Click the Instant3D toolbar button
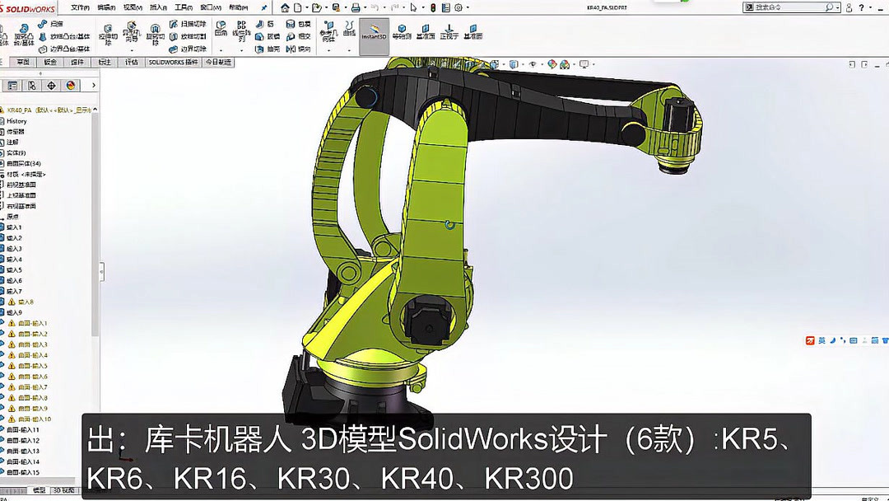pos(374,31)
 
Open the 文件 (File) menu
pos(80,7)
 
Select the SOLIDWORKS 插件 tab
pos(173,63)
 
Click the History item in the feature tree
pos(16,121)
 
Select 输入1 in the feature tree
pos(15,227)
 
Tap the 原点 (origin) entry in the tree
pos(13,217)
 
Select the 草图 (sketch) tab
pos(23,63)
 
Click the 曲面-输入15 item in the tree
pos(23,473)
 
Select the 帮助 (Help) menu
pos(238,7)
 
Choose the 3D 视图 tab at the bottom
pos(63,490)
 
